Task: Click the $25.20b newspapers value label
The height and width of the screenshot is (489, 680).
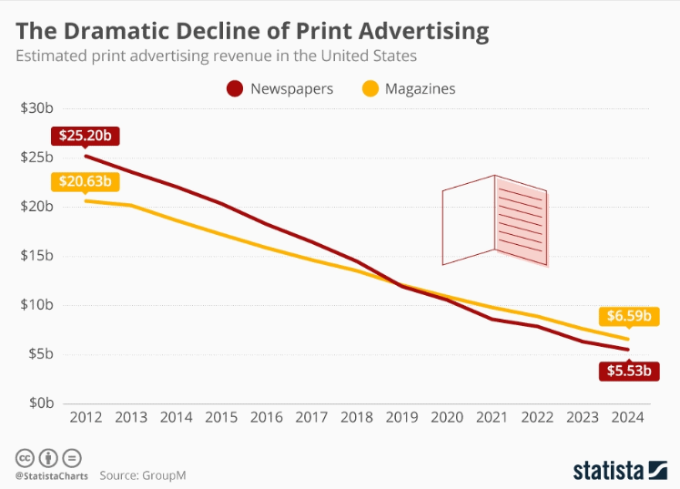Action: click(86, 136)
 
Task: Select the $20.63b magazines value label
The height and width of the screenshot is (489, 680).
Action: click(85, 181)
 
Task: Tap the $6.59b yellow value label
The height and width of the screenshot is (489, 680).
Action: click(627, 317)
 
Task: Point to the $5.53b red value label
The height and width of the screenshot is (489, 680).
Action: click(627, 371)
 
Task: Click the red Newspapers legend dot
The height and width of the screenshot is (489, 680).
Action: click(235, 88)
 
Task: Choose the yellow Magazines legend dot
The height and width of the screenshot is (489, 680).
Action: click(370, 88)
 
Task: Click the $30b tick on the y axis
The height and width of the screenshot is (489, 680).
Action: click(37, 108)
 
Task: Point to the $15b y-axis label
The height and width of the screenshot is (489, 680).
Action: click(37, 256)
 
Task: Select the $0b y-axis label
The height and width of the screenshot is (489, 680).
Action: click(41, 402)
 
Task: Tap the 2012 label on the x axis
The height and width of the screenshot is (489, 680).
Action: click(86, 418)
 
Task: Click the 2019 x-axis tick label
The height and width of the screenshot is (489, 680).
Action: click(401, 418)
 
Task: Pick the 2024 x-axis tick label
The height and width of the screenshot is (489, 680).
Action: click(627, 418)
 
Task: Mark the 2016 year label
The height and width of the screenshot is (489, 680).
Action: click(266, 418)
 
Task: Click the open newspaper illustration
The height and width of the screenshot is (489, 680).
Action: click(494, 220)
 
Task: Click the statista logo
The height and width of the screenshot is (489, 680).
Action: click(620, 470)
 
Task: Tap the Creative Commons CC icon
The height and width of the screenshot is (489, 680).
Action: click(25, 457)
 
